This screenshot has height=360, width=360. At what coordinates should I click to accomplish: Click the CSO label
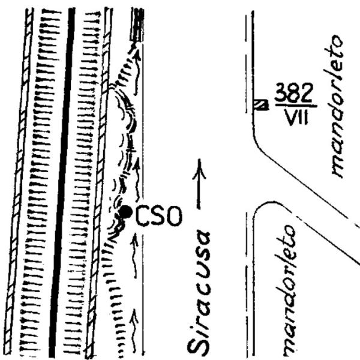tap(159, 216)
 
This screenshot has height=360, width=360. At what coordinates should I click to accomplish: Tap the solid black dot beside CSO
tap(125, 212)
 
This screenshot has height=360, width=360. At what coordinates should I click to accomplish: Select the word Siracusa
tap(199, 294)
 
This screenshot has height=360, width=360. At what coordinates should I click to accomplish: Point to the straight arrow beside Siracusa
tap(199, 184)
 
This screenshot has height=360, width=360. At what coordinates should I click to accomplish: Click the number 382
tap(294, 93)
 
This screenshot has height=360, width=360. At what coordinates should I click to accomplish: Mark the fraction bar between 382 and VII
tap(296, 106)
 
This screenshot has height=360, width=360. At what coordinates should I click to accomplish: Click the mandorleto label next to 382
tap(335, 106)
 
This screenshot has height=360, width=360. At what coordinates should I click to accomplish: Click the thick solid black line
tap(62, 182)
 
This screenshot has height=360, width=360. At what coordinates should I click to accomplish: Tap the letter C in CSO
tap(144, 216)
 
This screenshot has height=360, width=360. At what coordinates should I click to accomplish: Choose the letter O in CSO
tap(174, 216)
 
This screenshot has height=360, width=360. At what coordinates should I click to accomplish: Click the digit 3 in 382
tap(281, 93)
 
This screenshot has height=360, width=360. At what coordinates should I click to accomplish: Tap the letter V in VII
tap(290, 117)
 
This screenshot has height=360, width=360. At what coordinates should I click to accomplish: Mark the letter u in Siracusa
tap(199, 272)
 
